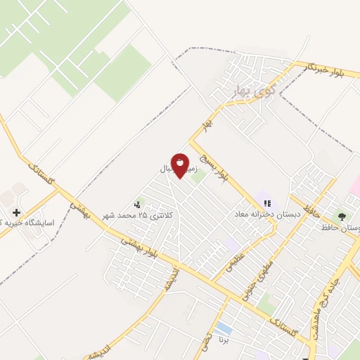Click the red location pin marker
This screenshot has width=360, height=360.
click(180, 164)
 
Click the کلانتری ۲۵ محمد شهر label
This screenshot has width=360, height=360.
click(136, 214)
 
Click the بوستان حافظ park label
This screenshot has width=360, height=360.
click(340, 227)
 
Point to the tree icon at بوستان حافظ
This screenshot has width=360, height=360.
click(342, 217)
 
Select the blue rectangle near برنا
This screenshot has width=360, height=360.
click(224, 328)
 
